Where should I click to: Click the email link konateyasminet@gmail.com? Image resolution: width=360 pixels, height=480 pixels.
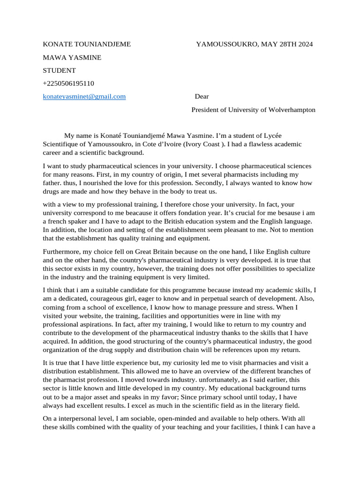click(84, 97)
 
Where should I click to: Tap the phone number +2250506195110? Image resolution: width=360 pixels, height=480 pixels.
click(68, 83)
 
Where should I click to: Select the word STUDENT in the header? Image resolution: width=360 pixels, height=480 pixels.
click(59, 70)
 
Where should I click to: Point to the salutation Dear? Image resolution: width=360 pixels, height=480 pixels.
click(202, 97)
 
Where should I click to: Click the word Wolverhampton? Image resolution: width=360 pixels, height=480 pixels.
click(292, 110)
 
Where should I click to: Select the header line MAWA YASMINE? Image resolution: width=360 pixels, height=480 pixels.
click(72, 58)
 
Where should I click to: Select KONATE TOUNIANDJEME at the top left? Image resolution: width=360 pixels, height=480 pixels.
click(87, 45)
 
